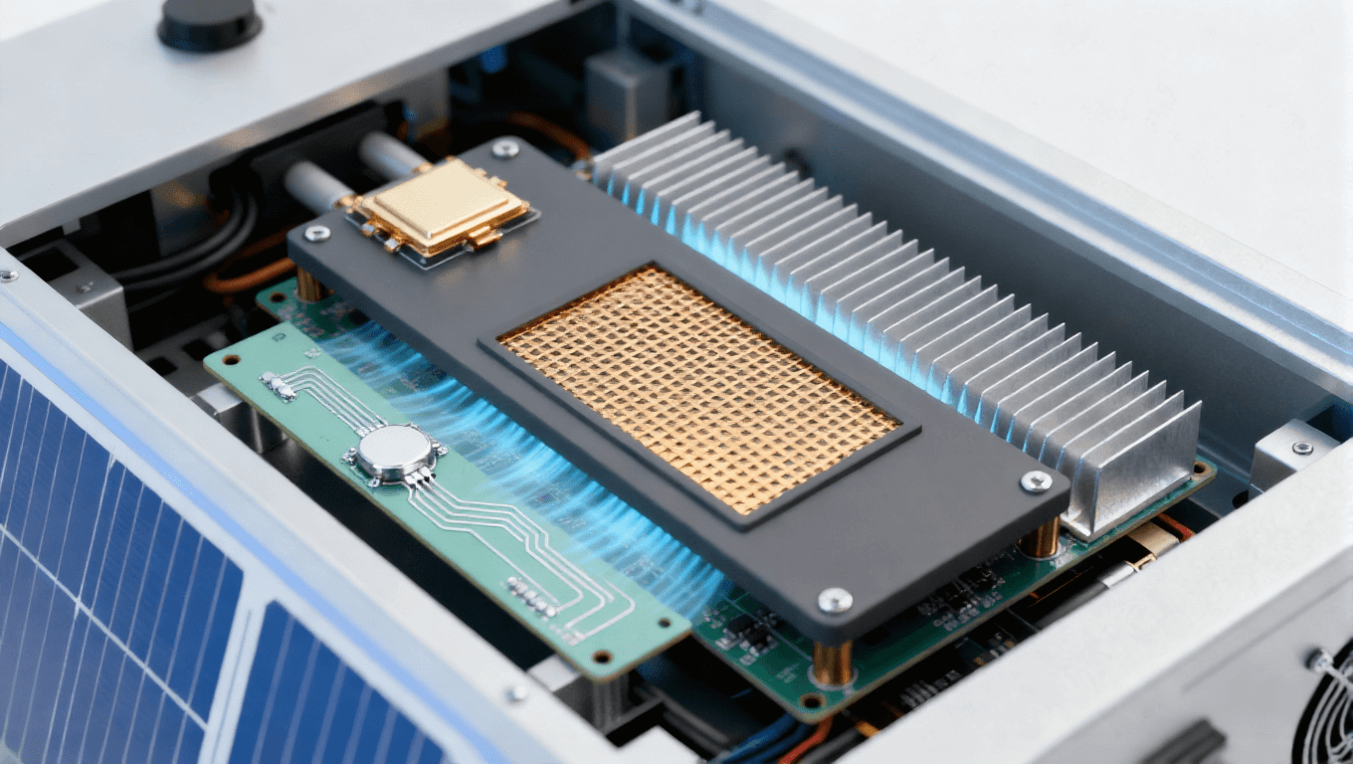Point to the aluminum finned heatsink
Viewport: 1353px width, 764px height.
click(895, 298)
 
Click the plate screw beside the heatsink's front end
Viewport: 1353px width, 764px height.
click(1036, 481)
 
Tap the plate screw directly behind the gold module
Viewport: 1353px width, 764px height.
click(505, 149)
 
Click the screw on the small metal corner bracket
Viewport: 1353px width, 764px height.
click(1301, 448)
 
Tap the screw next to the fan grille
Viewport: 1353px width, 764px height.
click(1318, 658)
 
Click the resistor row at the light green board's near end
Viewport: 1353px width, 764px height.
click(531, 597)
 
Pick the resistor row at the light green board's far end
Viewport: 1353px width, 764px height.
click(279, 386)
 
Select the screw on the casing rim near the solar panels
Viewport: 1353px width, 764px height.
click(516, 692)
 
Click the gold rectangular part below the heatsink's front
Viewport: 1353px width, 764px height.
click(1154, 541)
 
